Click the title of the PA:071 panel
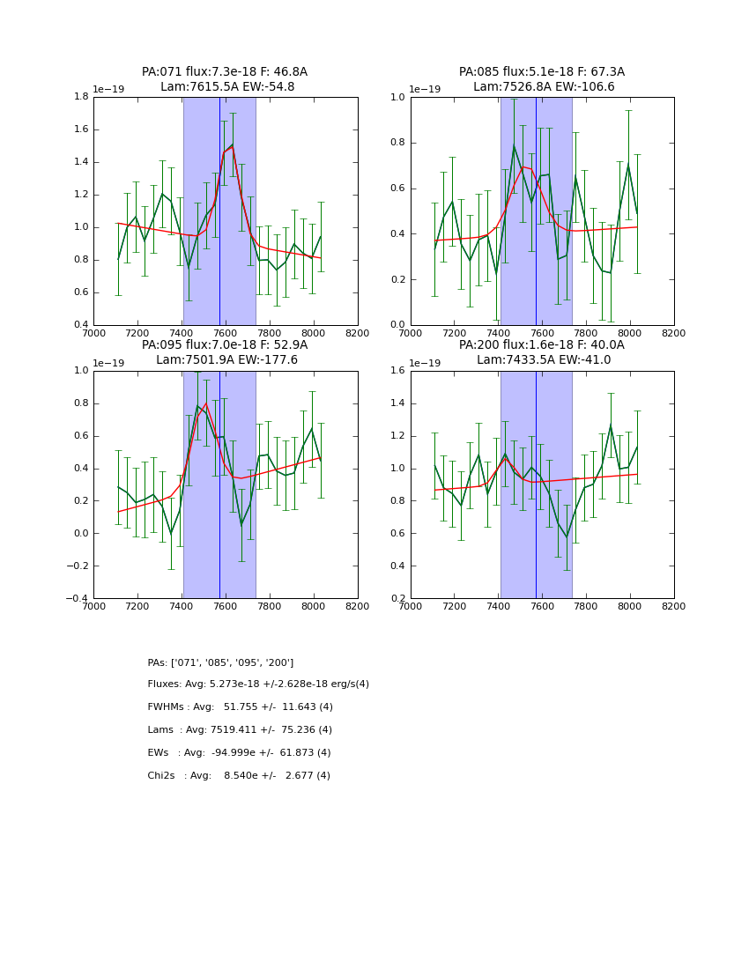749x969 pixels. coord(225,79)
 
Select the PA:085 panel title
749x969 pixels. coord(542,79)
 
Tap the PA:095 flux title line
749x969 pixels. coord(225,345)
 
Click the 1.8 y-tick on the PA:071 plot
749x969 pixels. coord(79,97)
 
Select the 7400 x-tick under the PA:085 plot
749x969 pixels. coord(498,333)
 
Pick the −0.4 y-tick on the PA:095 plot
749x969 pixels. coord(77,599)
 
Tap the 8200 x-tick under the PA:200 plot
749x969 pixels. coord(673,606)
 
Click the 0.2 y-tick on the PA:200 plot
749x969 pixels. coord(397,599)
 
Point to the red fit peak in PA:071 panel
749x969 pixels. coord(232,146)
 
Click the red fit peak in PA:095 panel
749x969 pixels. coord(206,403)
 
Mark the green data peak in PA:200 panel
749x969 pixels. coord(611,425)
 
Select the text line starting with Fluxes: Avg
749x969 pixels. coord(258,684)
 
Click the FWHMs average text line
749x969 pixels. coord(240,707)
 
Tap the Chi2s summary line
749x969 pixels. coord(239,776)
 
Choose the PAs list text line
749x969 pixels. coord(220,662)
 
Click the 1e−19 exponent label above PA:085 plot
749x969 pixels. coord(426,90)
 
